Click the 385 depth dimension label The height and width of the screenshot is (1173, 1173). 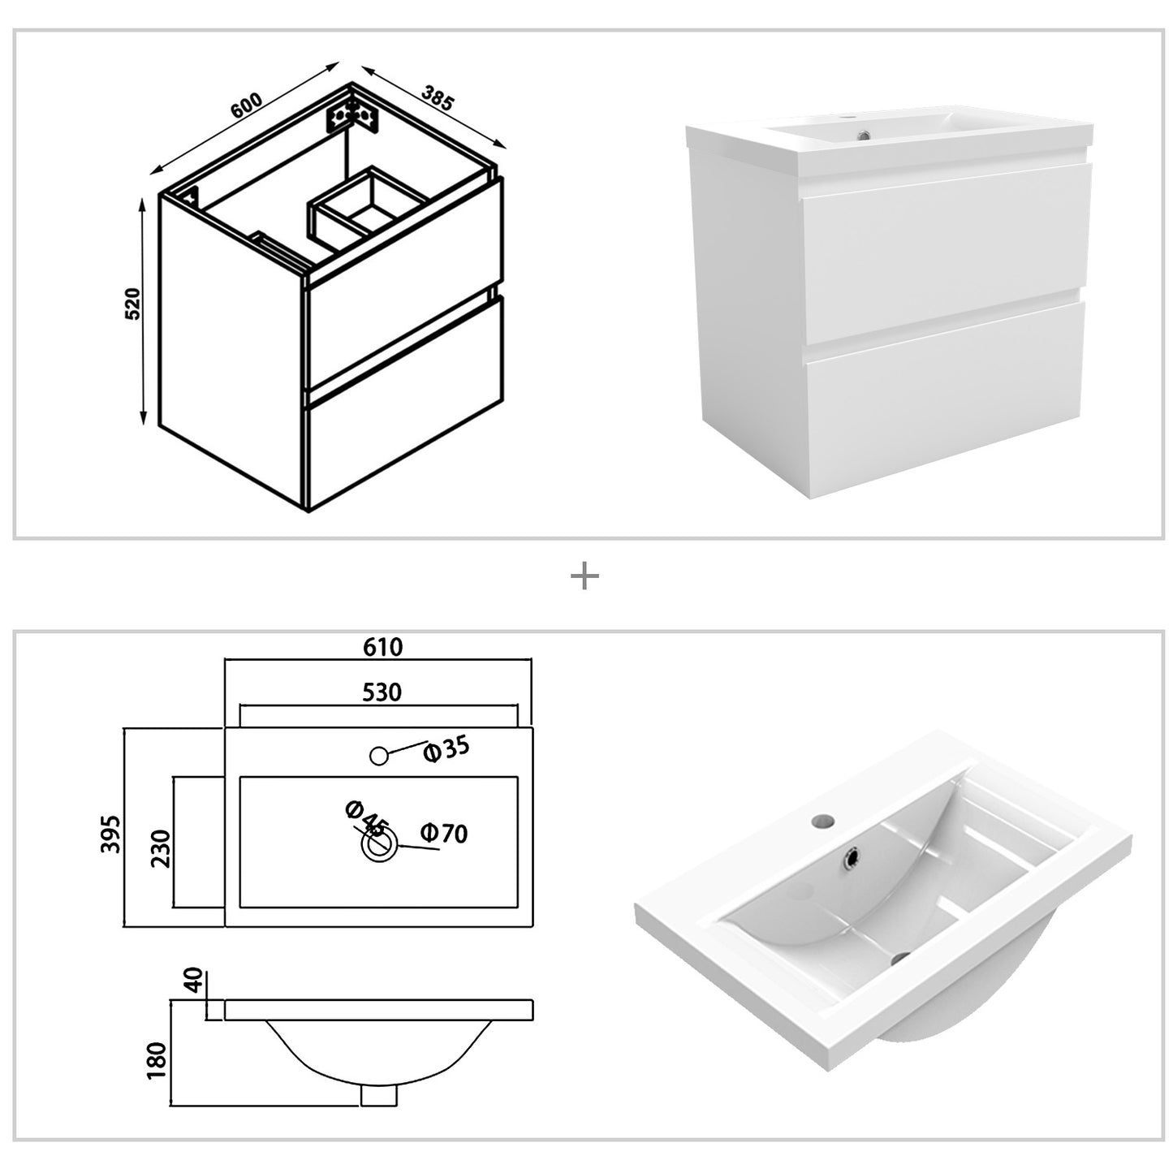click(x=437, y=97)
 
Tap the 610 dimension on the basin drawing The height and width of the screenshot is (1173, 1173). click(x=382, y=646)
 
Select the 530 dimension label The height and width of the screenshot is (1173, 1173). click(x=382, y=692)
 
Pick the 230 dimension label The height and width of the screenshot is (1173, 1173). click(x=161, y=848)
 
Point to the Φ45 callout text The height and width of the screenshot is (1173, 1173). click(x=364, y=817)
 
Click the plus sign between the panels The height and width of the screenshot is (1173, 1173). click(x=584, y=577)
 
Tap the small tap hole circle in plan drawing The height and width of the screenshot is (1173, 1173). click(x=378, y=755)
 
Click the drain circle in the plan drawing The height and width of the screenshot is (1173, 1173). click(x=379, y=847)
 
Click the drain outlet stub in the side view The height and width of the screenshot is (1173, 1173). click(x=378, y=1094)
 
